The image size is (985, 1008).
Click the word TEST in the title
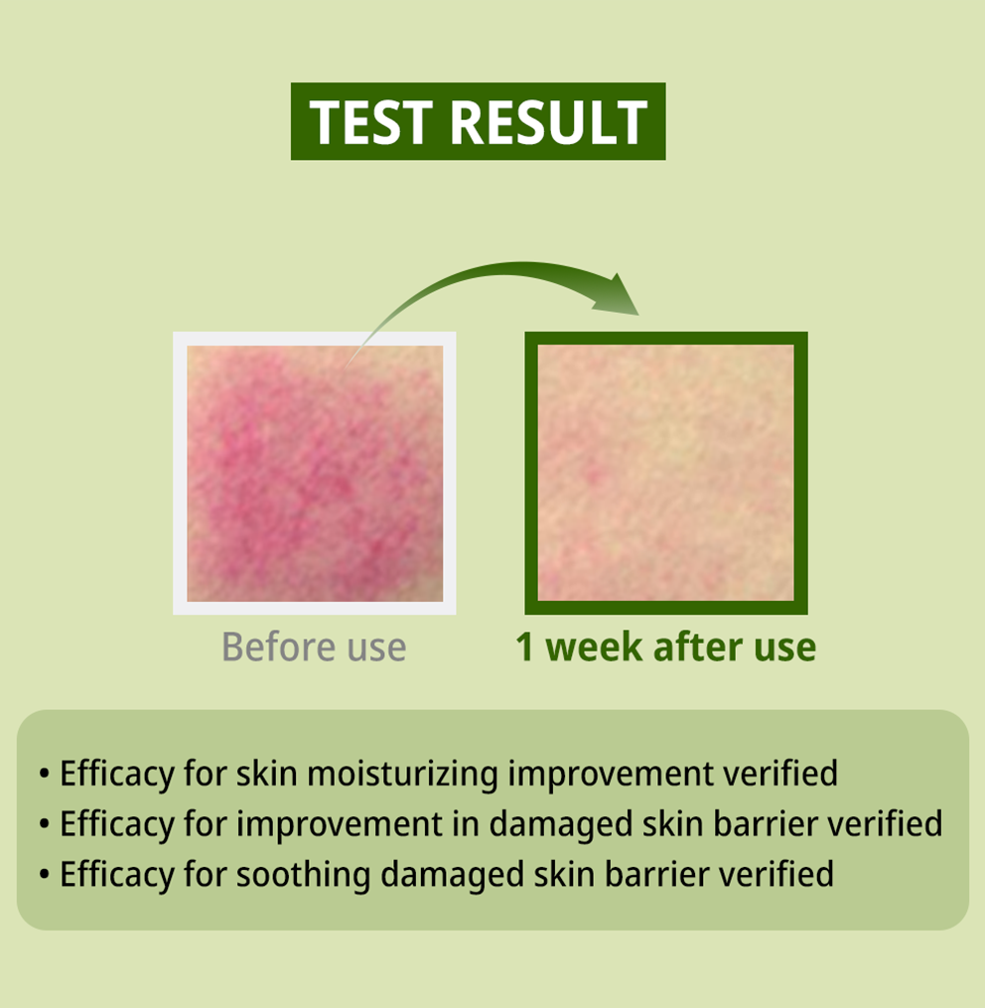370,122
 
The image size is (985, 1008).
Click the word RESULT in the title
549,122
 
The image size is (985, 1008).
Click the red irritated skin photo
315,474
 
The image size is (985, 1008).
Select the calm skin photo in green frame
666,473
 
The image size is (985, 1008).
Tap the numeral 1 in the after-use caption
524,647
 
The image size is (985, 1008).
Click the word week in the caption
594,647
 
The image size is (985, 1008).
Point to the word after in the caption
698,647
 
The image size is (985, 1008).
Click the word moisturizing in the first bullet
402,774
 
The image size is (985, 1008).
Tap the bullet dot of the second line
44,824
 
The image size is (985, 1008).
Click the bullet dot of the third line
44,875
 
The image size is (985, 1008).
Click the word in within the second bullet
466,824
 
